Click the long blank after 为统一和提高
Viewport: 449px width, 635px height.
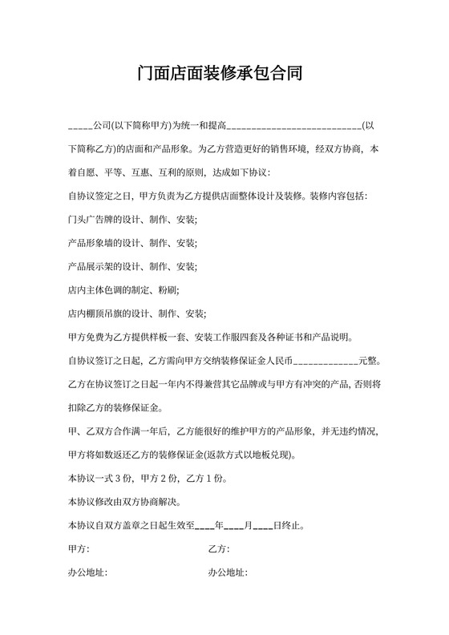click(x=294, y=127)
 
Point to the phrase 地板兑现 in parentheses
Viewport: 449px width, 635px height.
click(x=270, y=455)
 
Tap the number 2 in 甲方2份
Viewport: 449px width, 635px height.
click(x=164, y=479)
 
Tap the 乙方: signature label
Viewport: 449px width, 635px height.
click(x=219, y=549)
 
